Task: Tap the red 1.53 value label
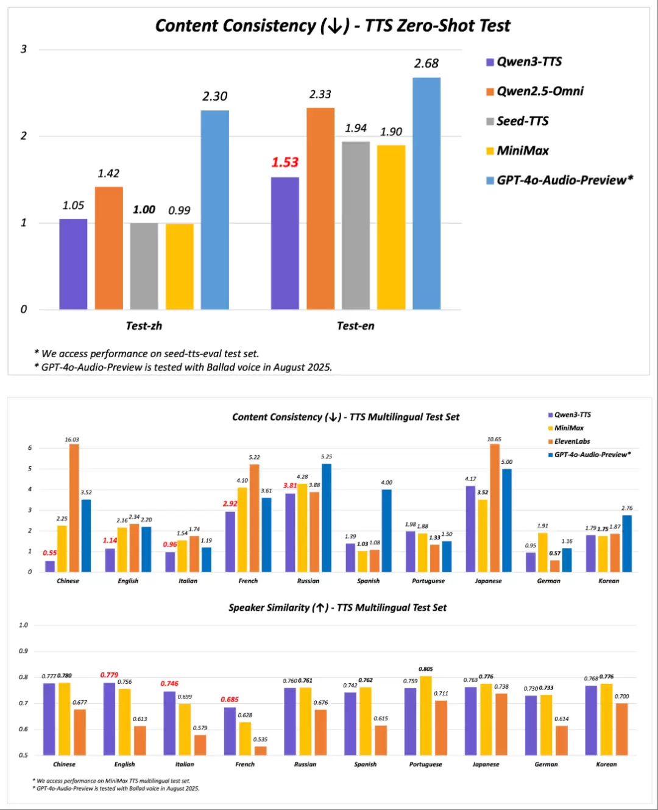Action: tap(285, 163)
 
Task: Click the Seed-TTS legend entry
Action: tap(522, 121)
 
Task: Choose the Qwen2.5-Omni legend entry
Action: tap(539, 91)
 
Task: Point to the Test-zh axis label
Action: tap(144, 326)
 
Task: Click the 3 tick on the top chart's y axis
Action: tap(24, 49)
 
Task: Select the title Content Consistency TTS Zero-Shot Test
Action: tap(333, 26)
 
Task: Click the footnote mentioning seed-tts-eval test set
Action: tap(147, 353)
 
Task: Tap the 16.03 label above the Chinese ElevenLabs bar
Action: tap(72, 439)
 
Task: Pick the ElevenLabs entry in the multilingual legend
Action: tap(571, 441)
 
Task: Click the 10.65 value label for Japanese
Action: tap(494, 439)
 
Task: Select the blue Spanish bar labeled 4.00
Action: tap(386, 530)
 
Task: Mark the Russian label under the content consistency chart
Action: tap(308, 581)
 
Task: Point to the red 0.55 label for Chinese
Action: tap(49, 553)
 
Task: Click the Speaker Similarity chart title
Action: tap(338, 608)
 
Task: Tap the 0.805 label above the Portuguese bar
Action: tap(426, 669)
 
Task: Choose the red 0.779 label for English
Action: tap(109, 675)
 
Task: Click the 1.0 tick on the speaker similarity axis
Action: tap(23, 625)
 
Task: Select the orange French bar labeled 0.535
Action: tap(261, 751)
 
